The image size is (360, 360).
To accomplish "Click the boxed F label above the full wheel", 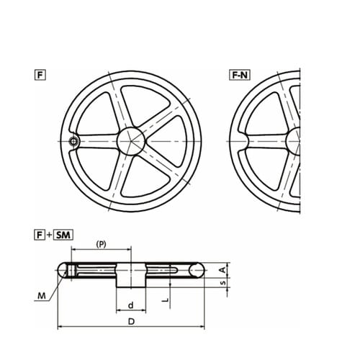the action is (x=40, y=75).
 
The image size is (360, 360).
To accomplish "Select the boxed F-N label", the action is (x=240, y=75).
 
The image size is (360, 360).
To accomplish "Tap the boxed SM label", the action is (x=63, y=235).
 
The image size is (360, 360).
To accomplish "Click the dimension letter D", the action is (x=131, y=321).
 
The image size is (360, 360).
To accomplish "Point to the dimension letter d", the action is (x=131, y=305).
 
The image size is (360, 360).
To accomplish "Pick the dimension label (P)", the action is (x=101, y=244).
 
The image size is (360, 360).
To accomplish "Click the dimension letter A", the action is (x=223, y=270).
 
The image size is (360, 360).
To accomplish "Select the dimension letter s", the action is (x=223, y=282).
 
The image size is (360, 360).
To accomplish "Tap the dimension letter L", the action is (x=165, y=300).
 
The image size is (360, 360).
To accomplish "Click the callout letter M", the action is (x=42, y=296).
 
